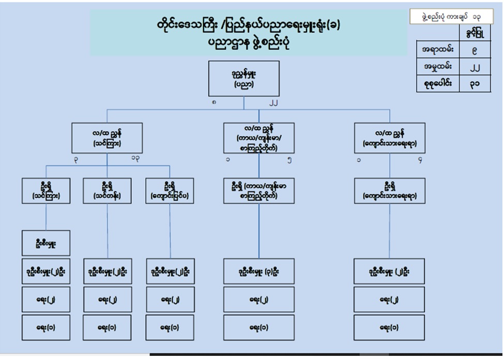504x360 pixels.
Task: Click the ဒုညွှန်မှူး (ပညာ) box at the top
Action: (x=246, y=78)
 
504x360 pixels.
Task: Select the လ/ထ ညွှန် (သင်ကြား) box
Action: (x=107, y=138)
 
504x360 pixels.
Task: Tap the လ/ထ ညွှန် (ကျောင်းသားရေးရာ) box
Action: (x=390, y=138)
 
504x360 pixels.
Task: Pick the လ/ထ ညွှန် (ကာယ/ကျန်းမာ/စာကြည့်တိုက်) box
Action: (x=258, y=138)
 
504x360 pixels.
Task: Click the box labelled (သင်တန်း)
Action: (x=108, y=191)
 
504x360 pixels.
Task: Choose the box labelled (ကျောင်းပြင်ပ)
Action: (x=170, y=191)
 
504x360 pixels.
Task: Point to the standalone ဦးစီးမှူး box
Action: (x=46, y=244)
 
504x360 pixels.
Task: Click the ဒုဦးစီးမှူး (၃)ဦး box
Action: (x=258, y=271)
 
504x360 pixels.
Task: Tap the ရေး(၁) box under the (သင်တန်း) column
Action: (x=108, y=327)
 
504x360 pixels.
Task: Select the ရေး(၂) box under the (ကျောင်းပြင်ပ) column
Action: (x=170, y=300)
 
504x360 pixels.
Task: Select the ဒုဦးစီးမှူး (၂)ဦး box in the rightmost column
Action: (x=390, y=271)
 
